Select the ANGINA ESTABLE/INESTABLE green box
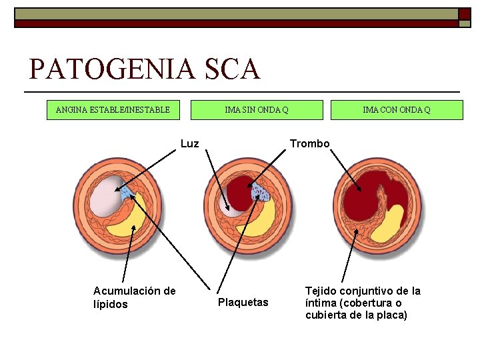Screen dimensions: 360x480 coord(113,109)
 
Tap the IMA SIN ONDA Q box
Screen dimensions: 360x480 coord(257,109)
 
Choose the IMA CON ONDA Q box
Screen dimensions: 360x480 coord(397,109)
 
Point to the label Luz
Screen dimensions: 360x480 coord(190,143)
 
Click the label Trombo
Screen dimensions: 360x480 coord(309,143)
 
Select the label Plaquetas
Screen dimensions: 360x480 coord(243,303)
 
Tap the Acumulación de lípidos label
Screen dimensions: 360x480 coord(134,297)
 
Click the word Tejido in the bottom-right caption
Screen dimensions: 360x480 coord(321,291)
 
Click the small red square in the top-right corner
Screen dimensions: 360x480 coord(464,14)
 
